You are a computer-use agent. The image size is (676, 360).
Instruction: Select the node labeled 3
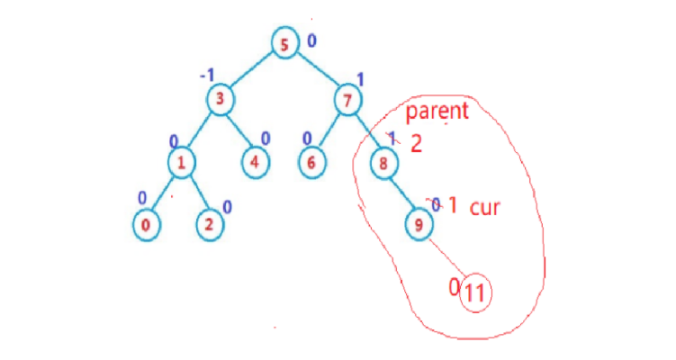[x=221, y=99]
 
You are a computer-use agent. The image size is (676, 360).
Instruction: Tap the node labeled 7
[x=347, y=100]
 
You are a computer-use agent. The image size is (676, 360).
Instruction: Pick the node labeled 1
[x=182, y=163]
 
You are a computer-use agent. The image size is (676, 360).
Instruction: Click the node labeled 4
[x=256, y=163]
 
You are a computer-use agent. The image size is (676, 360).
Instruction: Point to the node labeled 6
[x=311, y=163]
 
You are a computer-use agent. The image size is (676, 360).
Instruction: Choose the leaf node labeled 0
[x=149, y=225]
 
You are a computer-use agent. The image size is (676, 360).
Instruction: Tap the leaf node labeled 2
[x=209, y=225]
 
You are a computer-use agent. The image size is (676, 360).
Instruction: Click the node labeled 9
[x=418, y=225]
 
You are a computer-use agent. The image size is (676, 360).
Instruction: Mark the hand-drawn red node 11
[x=475, y=292]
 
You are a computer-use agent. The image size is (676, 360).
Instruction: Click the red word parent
[x=437, y=112]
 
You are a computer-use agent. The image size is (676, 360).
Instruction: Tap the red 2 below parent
[x=416, y=143]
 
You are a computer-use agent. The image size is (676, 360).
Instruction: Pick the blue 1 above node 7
[x=359, y=78]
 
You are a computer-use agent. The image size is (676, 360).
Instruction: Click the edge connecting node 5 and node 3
[x=253, y=71]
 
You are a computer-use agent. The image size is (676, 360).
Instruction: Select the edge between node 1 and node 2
[x=195, y=193]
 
